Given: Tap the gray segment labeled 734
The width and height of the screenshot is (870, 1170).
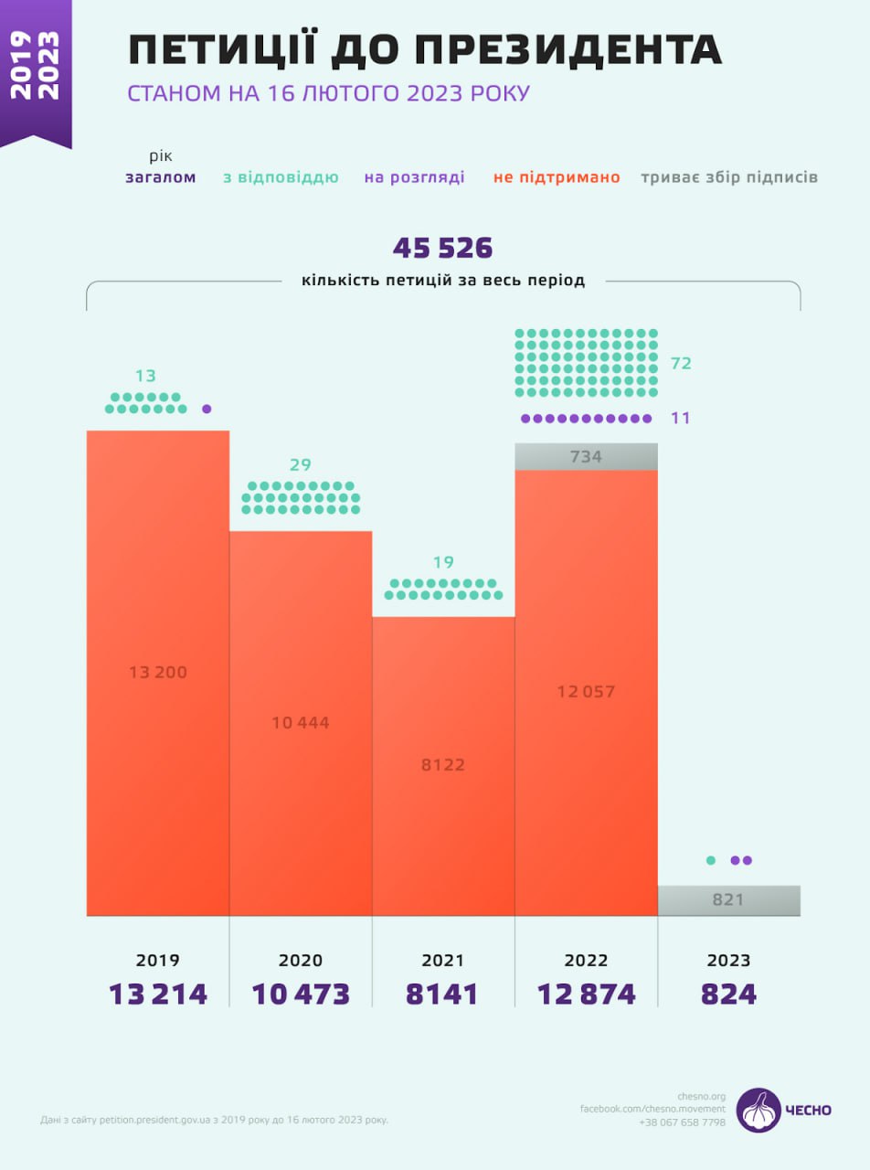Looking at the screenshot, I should click(x=586, y=456).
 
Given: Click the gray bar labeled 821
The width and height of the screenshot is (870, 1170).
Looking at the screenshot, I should click(x=728, y=899).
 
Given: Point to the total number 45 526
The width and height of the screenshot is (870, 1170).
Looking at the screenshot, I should click(x=443, y=248).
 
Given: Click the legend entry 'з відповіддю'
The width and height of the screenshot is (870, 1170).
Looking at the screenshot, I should click(x=281, y=177).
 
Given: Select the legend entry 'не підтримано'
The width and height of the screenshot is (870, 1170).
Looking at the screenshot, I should click(x=557, y=177).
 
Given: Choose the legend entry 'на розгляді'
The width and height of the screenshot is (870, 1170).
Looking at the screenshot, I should click(x=414, y=177).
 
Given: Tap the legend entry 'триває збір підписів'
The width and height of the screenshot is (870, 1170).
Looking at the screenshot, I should click(x=728, y=177).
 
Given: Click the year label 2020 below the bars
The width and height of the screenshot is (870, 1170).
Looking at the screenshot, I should click(x=301, y=961).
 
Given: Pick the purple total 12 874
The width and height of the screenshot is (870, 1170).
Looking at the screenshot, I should click(x=586, y=994).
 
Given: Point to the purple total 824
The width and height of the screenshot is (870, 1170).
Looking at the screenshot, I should click(x=728, y=994).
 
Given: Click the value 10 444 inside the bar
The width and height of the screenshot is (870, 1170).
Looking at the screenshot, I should click(x=301, y=722).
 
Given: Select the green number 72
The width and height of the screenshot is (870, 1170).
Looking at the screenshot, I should click(x=681, y=364).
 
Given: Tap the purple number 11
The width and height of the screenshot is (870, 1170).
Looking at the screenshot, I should click(x=680, y=418).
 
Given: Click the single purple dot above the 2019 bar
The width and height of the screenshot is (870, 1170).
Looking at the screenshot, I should click(x=207, y=409).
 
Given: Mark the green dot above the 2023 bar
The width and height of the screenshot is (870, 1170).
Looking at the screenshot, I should click(x=710, y=860).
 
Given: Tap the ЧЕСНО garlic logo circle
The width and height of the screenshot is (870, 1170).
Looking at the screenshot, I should click(x=759, y=1110).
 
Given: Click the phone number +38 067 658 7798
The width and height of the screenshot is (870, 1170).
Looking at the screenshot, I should click(x=682, y=1122).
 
